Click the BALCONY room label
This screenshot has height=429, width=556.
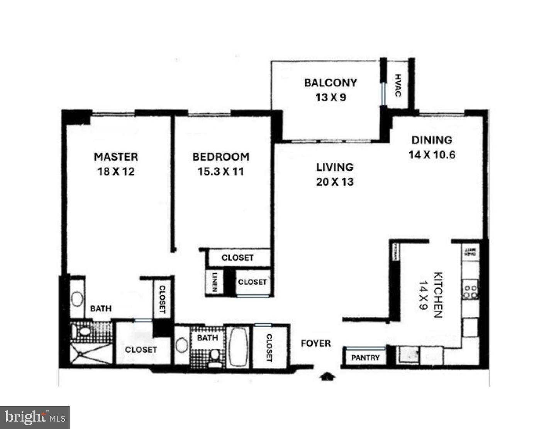[x=331, y=83]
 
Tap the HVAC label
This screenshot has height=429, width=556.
[x=398, y=85]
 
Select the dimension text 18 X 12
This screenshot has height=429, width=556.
[x=116, y=172]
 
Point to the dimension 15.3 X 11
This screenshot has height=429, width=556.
[x=221, y=172]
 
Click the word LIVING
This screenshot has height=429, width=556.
[x=335, y=167]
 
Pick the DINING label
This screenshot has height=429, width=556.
[x=432, y=140]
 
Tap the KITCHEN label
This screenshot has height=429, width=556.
[x=438, y=295]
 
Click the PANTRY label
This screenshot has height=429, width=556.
[x=365, y=358]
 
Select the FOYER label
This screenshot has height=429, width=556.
[x=316, y=343]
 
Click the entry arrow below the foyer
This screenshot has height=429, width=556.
[x=328, y=376]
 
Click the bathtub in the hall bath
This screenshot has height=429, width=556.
[x=238, y=346]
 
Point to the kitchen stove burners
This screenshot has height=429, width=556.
[x=471, y=291]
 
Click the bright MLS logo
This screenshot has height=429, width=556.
[x=35, y=417]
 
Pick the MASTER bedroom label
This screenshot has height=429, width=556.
[x=116, y=157]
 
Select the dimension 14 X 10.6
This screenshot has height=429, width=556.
[x=432, y=155]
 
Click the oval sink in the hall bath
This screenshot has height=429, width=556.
[x=182, y=345]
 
